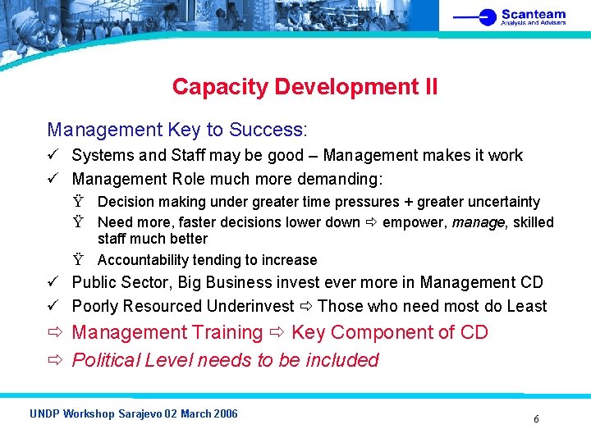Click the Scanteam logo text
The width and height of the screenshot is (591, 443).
(x=533, y=14)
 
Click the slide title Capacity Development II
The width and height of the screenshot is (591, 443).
(x=305, y=87)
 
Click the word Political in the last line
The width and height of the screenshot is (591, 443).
(x=107, y=360)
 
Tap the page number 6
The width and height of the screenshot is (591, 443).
(x=536, y=419)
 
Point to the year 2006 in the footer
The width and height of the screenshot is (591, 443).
(x=225, y=413)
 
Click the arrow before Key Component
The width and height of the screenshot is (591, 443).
(x=277, y=332)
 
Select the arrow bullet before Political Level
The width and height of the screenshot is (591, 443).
(x=55, y=360)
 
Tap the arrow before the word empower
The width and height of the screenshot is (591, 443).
(x=371, y=222)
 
